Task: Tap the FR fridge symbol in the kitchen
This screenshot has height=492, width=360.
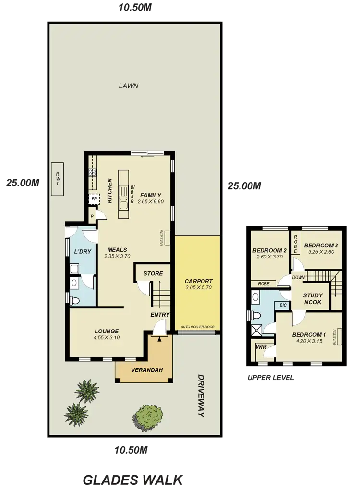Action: (x=94, y=198)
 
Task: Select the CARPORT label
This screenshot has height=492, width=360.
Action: (x=198, y=281)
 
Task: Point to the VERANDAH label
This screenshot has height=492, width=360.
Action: (x=144, y=370)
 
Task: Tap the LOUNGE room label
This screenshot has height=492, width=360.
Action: (x=106, y=331)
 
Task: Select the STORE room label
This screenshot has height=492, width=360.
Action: (x=153, y=273)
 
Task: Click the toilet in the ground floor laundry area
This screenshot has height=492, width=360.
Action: (x=74, y=301)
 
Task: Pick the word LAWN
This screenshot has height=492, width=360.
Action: (x=128, y=86)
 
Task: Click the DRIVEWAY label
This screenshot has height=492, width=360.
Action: (x=200, y=396)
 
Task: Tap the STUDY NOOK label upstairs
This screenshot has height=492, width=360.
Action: (x=312, y=299)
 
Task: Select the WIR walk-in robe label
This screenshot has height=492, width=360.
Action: (x=261, y=346)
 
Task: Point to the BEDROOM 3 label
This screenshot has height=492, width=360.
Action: (x=321, y=245)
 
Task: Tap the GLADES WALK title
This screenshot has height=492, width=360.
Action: (x=133, y=479)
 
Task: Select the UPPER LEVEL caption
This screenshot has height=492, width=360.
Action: (x=271, y=378)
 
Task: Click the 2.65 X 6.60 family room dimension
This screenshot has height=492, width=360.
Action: (x=151, y=202)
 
